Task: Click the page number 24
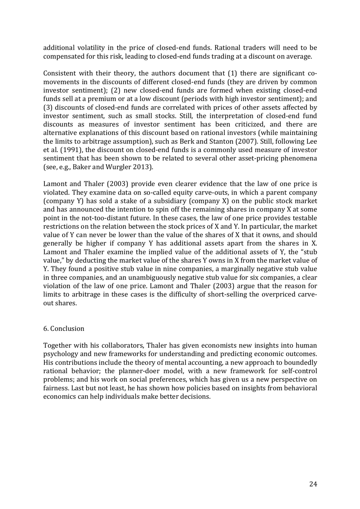tap(313, 484)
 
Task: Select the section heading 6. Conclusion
tap(64, 328)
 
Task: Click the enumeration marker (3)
tap(48, 107)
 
